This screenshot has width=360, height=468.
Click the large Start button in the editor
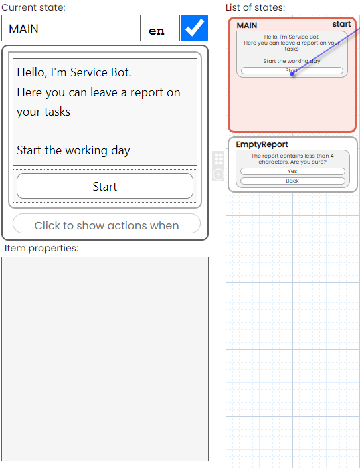click(105, 186)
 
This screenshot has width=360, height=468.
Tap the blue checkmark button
click(195, 28)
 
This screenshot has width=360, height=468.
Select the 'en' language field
click(160, 28)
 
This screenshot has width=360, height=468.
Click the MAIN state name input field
click(70, 28)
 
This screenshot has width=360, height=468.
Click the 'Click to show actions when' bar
click(106, 223)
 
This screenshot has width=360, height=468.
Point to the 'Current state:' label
click(33, 7)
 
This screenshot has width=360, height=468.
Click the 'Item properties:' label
click(41, 248)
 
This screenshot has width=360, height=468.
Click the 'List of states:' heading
click(256, 7)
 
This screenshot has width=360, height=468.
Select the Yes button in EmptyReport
click(292, 171)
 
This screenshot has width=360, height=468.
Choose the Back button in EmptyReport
click(292, 181)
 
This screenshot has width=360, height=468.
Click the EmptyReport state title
click(262, 144)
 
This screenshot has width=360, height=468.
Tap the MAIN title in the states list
click(247, 25)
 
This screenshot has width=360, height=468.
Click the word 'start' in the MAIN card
click(341, 24)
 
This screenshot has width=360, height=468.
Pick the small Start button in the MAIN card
click(292, 70)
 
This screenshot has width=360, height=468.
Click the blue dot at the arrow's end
click(292, 74)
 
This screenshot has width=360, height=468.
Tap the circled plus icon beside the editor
click(219, 174)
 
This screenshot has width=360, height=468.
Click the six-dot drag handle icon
click(219, 159)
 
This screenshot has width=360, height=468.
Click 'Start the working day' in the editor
click(74, 150)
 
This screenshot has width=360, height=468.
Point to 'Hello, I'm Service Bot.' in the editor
click(74, 72)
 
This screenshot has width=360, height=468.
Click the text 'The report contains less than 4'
click(292, 156)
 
